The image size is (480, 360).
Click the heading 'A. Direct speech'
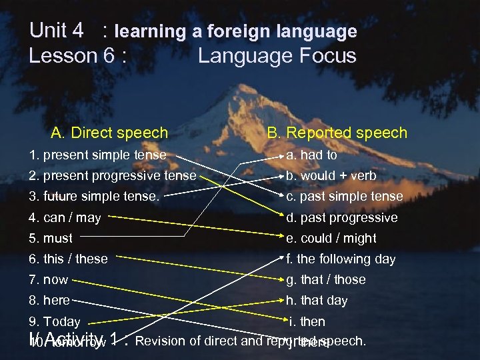click(109, 133)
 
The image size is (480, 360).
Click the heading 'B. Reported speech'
click(337, 133)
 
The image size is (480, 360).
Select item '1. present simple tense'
click(97, 155)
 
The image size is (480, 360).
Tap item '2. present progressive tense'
click(113, 176)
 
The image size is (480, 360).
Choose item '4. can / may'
click(65, 217)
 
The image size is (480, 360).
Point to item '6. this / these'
click(68, 259)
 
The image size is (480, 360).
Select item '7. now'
click(48, 279)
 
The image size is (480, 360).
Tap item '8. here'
click(49, 301)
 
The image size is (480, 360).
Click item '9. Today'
click(55, 321)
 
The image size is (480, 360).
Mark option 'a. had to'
click(311, 155)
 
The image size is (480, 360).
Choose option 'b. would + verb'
click(331, 176)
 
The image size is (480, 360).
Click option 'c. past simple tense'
click(344, 197)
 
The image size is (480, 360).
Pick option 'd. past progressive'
click(341, 217)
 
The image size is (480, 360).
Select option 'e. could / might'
click(331, 238)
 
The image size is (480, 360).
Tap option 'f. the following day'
click(341, 259)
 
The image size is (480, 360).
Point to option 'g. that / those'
click(325, 279)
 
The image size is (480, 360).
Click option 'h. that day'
click(317, 301)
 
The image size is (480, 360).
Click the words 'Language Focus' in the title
click(277, 55)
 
